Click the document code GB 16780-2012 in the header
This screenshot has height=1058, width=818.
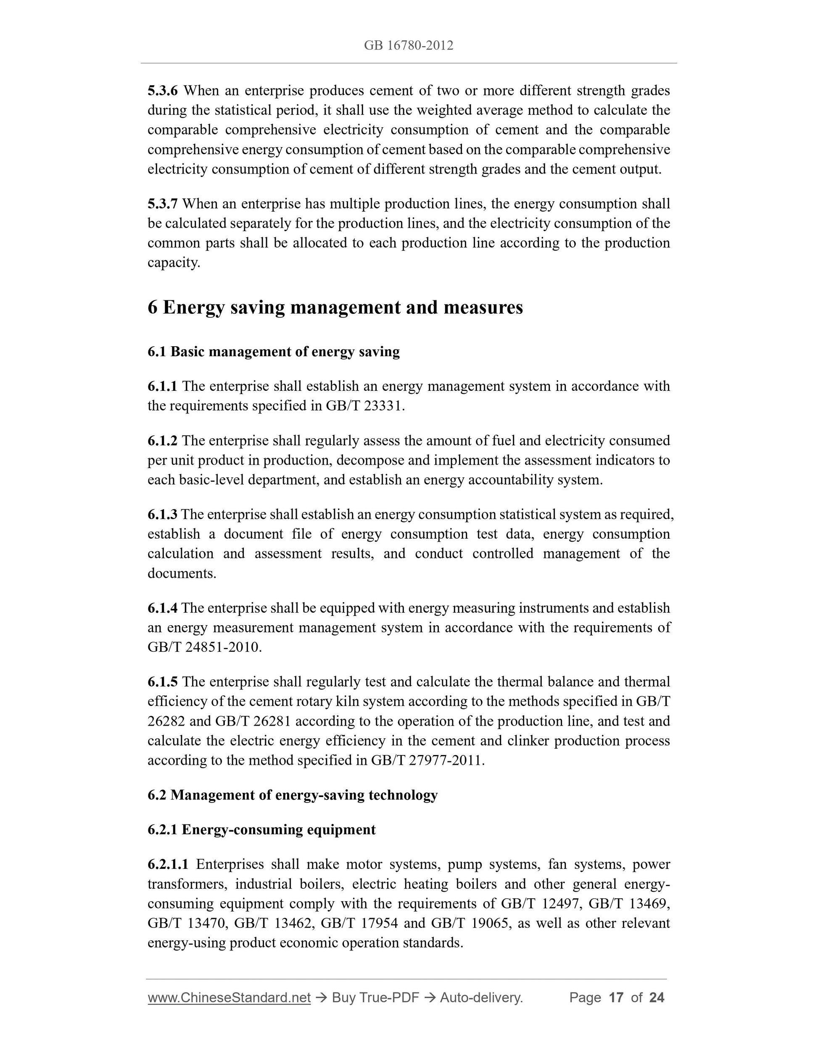point(409,45)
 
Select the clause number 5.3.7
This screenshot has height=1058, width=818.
point(163,203)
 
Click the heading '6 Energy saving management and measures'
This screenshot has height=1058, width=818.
point(335,307)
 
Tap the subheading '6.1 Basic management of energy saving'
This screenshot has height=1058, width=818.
point(273,352)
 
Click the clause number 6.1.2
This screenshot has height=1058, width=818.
point(163,440)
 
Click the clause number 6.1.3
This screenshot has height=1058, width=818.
point(163,514)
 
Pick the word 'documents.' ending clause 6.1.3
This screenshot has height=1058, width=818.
point(182,573)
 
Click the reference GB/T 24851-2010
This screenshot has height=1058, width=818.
point(204,647)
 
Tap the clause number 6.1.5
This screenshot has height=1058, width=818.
point(163,682)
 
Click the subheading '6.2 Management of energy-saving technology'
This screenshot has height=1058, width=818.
point(292,795)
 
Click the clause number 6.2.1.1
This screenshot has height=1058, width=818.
point(168,864)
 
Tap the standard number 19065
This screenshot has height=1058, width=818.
point(491,923)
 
